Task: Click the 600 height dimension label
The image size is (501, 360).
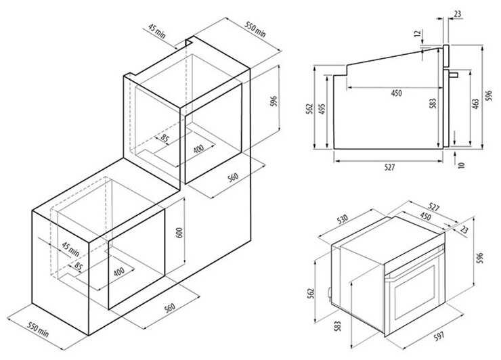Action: point(179,233)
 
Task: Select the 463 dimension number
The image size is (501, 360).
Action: point(475,104)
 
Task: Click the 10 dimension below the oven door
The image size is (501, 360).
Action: point(461,165)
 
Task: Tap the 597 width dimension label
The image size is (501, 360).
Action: point(439,336)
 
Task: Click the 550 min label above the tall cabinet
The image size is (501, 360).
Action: point(255,30)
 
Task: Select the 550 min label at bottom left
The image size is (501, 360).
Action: point(38,330)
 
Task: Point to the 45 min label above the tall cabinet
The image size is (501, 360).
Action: point(157,31)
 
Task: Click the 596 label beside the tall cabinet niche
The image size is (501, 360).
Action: point(274,102)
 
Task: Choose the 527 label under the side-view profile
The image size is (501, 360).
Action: point(389,167)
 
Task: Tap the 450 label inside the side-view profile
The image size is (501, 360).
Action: point(396,93)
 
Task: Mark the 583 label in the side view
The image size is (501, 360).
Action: point(433,104)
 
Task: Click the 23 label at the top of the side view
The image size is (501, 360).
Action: point(458,14)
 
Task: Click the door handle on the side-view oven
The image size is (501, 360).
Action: point(454,74)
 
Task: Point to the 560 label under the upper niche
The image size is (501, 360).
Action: point(233,177)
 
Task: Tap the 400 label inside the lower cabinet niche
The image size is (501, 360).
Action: point(119,271)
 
